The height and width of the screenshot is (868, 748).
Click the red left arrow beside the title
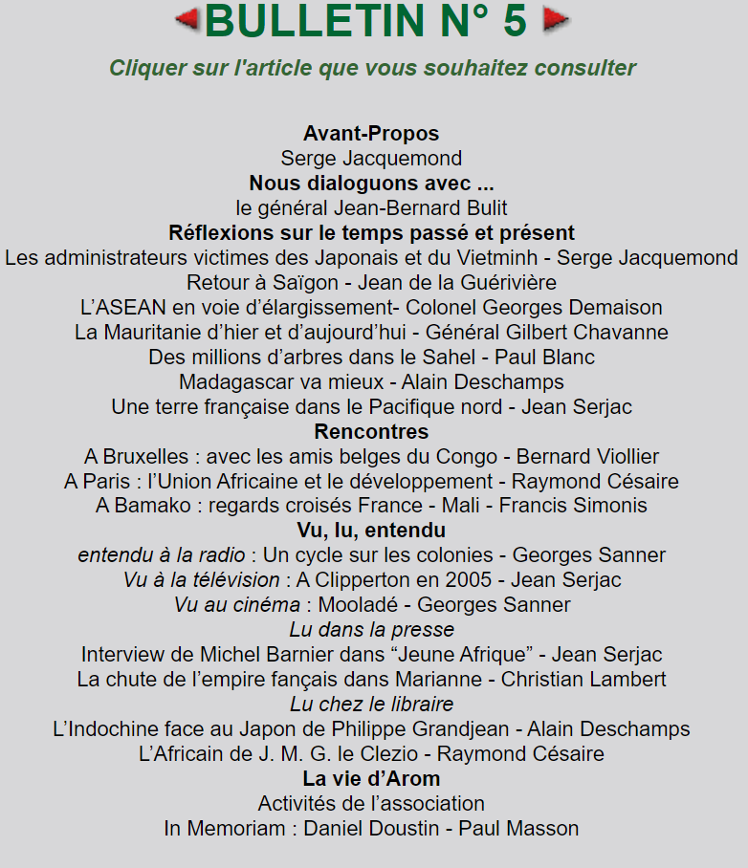click(x=187, y=19)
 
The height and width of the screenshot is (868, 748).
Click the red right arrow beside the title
click(x=556, y=19)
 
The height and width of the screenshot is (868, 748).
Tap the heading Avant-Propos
click(x=371, y=133)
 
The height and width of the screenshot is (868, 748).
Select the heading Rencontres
click(x=371, y=431)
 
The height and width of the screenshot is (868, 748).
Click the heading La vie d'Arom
click(x=371, y=779)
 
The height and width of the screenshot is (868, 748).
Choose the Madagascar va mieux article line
click(x=371, y=381)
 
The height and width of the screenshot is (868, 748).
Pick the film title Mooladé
click(x=357, y=605)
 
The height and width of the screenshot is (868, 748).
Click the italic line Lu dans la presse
click(x=371, y=630)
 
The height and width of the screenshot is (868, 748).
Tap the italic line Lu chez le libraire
click(x=371, y=705)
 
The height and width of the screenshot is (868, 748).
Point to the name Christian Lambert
click(x=583, y=680)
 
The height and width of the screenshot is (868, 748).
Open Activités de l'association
click(x=371, y=804)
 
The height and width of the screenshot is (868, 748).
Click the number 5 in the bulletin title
click(x=515, y=21)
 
